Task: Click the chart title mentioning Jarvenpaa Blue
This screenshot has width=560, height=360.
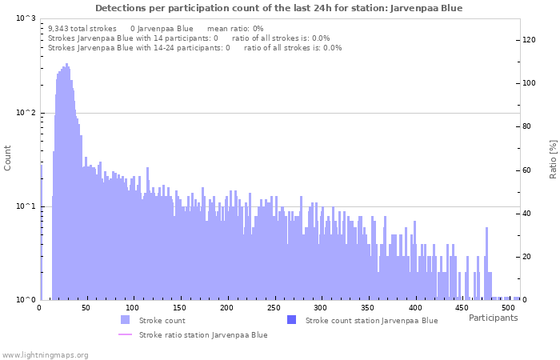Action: (278, 8)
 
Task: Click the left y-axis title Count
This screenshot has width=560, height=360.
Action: (8, 158)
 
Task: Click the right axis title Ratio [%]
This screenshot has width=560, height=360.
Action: (553, 158)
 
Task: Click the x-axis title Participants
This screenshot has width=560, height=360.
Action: (493, 318)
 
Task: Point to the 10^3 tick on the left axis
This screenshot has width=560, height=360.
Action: (26, 18)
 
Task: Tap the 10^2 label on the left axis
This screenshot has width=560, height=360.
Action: (26, 113)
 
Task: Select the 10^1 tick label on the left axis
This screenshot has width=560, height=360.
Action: (26, 206)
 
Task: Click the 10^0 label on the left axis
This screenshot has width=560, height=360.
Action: (26, 300)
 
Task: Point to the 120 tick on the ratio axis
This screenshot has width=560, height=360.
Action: (529, 39)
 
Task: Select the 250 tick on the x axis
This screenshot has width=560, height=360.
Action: (274, 308)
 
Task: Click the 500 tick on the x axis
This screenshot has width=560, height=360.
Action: (509, 308)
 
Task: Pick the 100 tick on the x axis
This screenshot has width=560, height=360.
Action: (134, 308)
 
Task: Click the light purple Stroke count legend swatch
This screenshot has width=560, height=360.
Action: (125, 320)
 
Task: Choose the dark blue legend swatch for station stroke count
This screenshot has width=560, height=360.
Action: (291, 320)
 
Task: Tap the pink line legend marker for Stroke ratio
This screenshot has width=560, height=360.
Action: (125, 334)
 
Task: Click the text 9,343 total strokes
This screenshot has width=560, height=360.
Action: (82, 28)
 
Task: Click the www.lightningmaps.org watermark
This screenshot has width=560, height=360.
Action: (45, 354)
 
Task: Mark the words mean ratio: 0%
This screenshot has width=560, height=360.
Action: (235, 28)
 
